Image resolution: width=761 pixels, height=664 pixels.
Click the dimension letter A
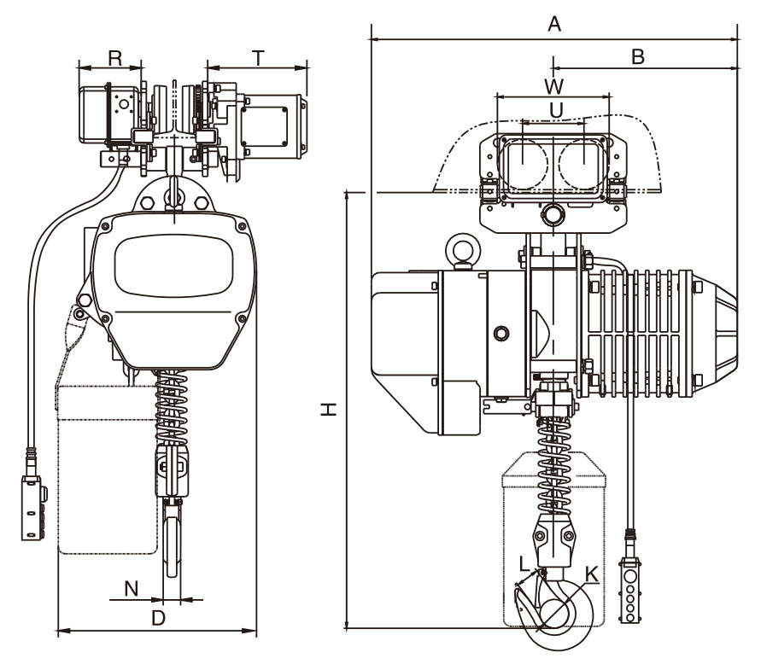553,26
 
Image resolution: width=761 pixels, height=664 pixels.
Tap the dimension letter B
636,56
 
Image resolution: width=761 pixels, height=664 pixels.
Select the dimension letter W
553,86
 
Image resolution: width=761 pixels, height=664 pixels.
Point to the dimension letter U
555,110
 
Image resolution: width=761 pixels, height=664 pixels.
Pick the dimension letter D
157,619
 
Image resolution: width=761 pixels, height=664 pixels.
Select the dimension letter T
258,57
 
